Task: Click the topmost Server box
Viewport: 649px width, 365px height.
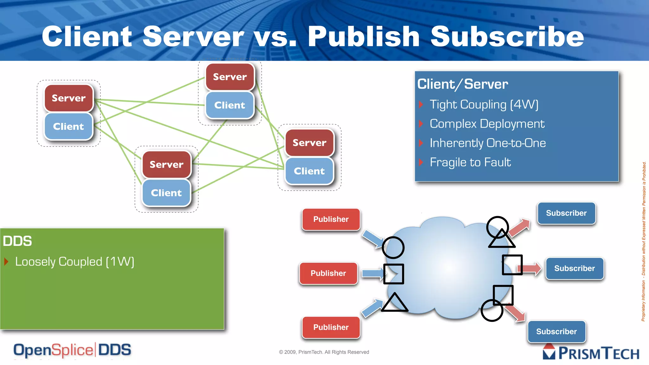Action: [x=230, y=77]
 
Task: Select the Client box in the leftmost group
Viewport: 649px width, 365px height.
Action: [x=68, y=126]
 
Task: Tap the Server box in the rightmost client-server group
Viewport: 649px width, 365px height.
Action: [x=309, y=143]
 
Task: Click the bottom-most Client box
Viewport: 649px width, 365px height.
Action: [x=166, y=193]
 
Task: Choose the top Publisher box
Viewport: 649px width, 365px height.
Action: [x=331, y=219]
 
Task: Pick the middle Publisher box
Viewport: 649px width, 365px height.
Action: [x=328, y=273]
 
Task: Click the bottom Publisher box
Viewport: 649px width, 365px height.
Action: [x=331, y=327]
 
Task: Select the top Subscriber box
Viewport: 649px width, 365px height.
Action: [x=566, y=213]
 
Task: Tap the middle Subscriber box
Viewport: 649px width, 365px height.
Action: [x=575, y=268]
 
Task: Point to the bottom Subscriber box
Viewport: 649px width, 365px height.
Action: [x=556, y=331]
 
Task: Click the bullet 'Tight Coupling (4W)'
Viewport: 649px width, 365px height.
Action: [x=484, y=105]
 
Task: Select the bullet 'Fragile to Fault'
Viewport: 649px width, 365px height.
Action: [x=470, y=162]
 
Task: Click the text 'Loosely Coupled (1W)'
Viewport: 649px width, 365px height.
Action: [x=75, y=262]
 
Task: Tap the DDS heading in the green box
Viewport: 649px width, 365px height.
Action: [x=17, y=241]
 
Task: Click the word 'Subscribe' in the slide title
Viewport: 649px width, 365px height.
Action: [x=507, y=36]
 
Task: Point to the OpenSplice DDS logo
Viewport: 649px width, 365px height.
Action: [x=72, y=350]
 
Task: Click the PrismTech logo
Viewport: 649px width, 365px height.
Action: [x=591, y=353]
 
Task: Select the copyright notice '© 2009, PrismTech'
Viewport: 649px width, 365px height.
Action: [x=324, y=352]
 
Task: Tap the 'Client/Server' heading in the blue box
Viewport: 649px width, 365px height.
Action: [x=462, y=84]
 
